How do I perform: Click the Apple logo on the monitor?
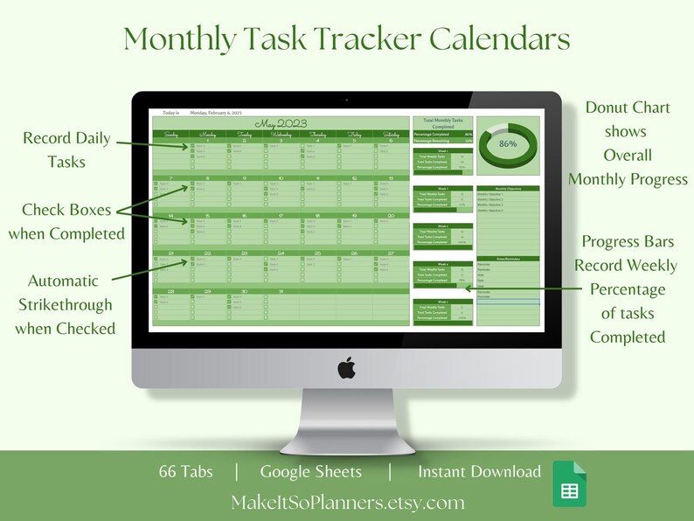click(x=346, y=368)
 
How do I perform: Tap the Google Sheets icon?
click(x=569, y=483)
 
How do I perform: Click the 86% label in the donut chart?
click(x=508, y=142)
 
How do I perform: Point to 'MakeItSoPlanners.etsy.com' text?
click(x=348, y=503)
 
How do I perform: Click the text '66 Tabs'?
click(x=187, y=472)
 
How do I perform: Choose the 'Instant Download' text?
click(x=479, y=472)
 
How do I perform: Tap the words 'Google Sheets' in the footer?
click(x=310, y=472)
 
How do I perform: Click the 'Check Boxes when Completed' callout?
click(x=66, y=221)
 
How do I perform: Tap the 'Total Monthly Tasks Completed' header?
click(x=442, y=122)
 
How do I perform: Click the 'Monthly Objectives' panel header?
click(x=507, y=188)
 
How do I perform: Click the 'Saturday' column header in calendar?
click(x=390, y=134)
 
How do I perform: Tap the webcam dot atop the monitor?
click(x=346, y=100)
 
